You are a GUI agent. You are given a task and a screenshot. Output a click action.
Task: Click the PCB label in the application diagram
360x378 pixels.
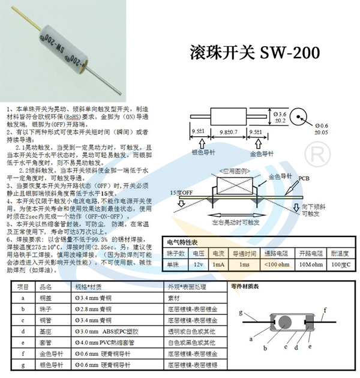pos(304,178)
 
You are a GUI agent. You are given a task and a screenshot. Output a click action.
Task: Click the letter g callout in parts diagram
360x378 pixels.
pos(241,313)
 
